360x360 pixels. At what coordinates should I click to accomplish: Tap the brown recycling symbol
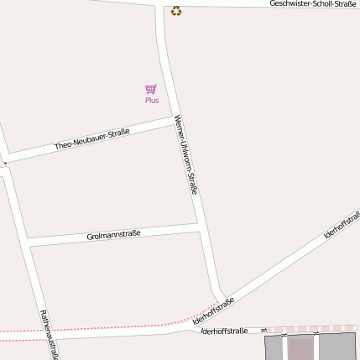(175, 11)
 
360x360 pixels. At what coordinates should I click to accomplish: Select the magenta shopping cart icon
(151, 89)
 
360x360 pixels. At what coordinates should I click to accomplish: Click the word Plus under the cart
(151, 101)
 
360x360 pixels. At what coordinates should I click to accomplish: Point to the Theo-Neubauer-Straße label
(92, 139)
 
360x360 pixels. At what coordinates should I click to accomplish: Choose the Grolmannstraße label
(113, 236)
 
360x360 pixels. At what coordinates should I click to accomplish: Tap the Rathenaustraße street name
(49, 335)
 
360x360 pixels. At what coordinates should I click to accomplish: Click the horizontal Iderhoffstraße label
(225, 331)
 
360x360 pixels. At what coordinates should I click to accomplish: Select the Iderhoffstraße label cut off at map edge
(342, 222)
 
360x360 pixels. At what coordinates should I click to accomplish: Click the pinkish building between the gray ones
(300, 347)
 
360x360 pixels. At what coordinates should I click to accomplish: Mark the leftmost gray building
(274, 347)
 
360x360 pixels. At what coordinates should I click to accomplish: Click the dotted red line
(101, 327)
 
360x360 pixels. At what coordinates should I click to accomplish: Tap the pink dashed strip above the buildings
(310, 329)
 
